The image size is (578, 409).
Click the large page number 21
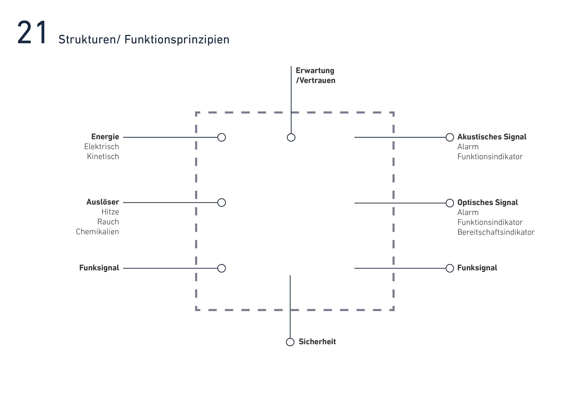click(x=32, y=33)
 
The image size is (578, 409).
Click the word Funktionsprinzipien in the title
click(x=177, y=40)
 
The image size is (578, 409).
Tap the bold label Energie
click(x=105, y=137)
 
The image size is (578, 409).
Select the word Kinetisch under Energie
click(x=103, y=157)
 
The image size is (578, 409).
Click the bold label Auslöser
click(x=103, y=202)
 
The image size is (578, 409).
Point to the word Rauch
click(x=108, y=222)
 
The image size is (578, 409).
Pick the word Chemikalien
click(x=98, y=232)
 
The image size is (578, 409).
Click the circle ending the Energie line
click(x=222, y=137)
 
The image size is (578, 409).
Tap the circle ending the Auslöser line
click(x=222, y=203)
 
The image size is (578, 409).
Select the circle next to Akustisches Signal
click(x=450, y=137)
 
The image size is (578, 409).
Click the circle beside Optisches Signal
click(x=450, y=203)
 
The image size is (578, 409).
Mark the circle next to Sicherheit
click(x=290, y=342)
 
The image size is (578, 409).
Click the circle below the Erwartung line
click(x=291, y=137)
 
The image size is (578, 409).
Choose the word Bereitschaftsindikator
click(x=496, y=232)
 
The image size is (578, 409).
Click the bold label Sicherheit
click(x=317, y=342)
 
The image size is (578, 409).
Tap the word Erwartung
click(x=315, y=71)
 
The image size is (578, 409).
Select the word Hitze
click(x=110, y=212)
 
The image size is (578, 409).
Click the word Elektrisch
click(x=102, y=147)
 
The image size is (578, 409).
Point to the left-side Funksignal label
click(x=99, y=268)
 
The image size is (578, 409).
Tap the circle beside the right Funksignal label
click(x=450, y=268)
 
